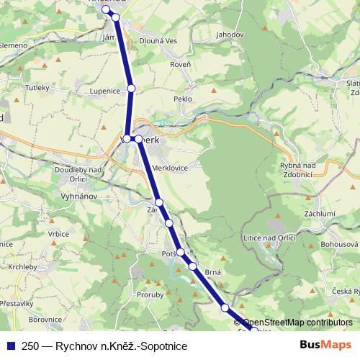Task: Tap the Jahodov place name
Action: point(229,34)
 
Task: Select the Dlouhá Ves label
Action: point(158,41)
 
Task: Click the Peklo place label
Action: point(183,97)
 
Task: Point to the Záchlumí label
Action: point(321,213)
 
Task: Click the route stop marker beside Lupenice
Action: point(131,88)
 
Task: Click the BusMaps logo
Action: point(325,346)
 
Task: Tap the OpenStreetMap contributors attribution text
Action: point(297,322)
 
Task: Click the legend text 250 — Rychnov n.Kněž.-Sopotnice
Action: point(104,346)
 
